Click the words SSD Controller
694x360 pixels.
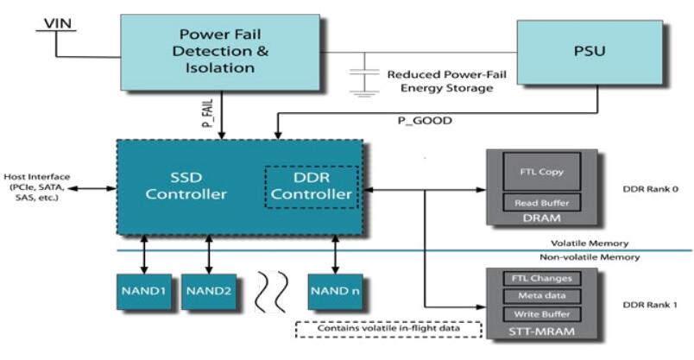[186, 185]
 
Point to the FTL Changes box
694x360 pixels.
[542, 279]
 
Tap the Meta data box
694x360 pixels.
[542, 295]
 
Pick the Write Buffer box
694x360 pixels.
[542, 313]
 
